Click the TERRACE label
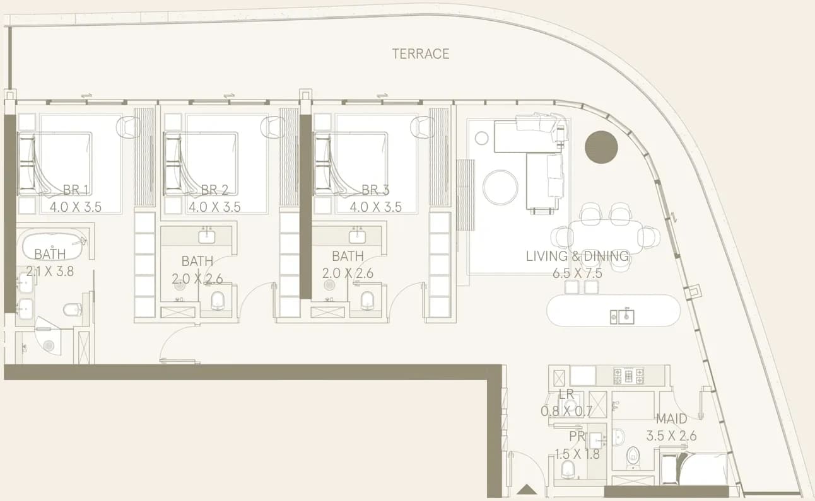[421, 54]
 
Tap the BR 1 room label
[76, 190]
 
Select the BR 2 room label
[214, 190]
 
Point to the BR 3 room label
[375, 190]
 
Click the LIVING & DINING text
[577, 256]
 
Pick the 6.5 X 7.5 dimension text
[577, 274]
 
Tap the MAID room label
[671, 419]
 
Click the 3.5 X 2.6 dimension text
[671, 436]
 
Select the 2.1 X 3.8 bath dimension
[50, 271]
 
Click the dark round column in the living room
[601, 147]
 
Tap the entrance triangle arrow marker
[527, 490]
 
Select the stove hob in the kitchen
[629, 376]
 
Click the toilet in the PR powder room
[568, 469]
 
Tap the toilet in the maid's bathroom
[633, 458]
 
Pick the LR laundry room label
[566, 394]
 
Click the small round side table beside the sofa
[482, 138]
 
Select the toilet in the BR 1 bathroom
[72, 310]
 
